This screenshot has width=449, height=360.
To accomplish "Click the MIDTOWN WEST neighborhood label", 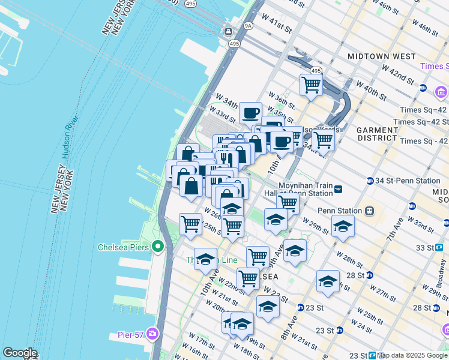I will click(382, 56).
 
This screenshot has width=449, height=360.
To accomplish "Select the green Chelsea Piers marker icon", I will click(158, 247).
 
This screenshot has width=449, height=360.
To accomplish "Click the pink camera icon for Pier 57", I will click(153, 334).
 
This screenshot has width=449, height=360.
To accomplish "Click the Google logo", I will click(20, 353).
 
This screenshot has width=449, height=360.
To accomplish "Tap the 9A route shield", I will click(247, 26).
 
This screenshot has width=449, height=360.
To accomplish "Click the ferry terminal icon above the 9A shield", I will click(229, 31).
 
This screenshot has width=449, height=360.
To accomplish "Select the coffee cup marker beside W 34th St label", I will click(250, 113).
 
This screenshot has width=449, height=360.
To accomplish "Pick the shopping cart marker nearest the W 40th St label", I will click(311, 85).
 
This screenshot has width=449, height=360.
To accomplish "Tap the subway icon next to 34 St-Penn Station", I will click(370, 181).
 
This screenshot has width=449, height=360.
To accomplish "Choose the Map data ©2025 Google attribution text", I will click(412, 355).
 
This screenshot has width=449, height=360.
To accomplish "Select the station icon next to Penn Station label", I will click(370, 211).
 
